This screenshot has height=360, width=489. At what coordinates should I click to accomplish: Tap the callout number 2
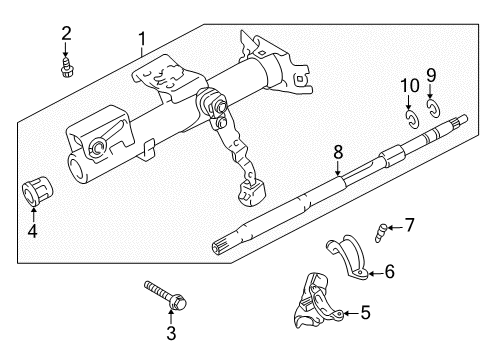[x=66, y=34]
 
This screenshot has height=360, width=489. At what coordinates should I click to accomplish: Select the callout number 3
[x=170, y=332]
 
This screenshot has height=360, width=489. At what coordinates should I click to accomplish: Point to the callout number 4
[x=33, y=233]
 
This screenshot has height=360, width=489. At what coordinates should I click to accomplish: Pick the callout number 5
[x=365, y=313]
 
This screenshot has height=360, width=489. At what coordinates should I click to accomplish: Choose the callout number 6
[x=390, y=270]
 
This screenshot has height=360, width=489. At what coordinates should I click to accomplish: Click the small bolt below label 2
[x=66, y=67]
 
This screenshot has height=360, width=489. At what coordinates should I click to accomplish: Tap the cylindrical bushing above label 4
[x=36, y=192]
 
